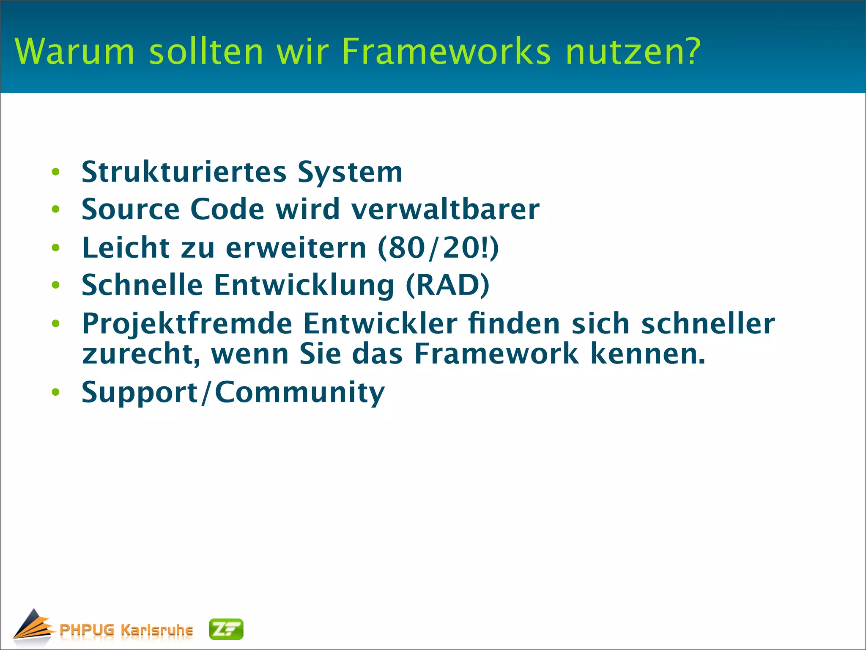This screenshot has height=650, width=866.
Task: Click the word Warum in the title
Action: (x=74, y=52)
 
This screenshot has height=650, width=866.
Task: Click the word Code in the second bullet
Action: (x=227, y=209)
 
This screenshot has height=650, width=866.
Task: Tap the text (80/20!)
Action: (x=438, y=248)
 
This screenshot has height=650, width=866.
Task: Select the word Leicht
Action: (x=126, y=248)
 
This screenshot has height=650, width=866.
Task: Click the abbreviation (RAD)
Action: (x=447, y=285)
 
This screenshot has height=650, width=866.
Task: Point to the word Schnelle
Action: (x=142, y=285)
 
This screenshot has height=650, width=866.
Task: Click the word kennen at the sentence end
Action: (x=647, y=354)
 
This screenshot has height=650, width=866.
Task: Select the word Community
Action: (x=300, y=393)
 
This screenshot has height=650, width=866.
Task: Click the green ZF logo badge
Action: (x=226, y=629)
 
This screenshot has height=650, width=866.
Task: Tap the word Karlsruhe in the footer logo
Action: (x=156, y=630)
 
